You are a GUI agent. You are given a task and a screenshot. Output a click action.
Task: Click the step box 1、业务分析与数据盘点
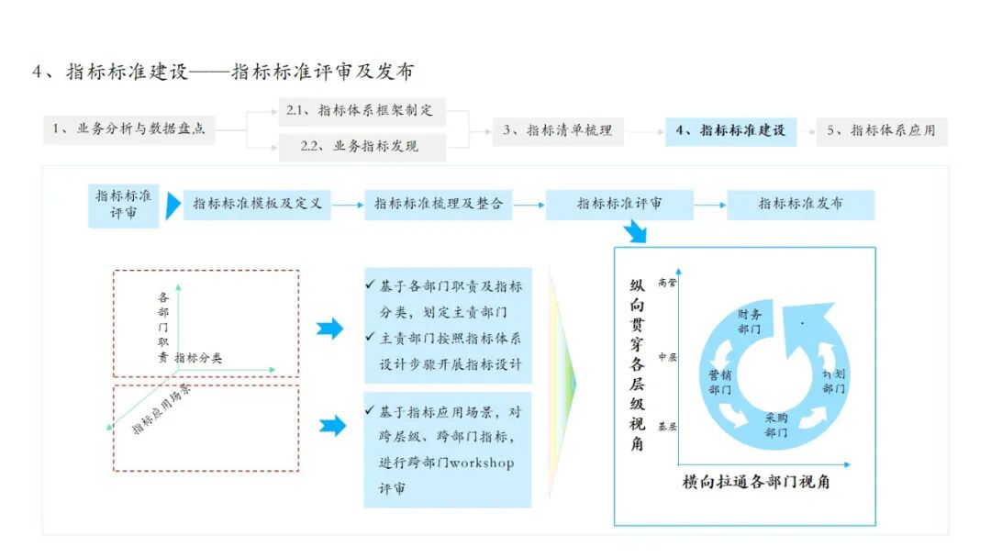128,129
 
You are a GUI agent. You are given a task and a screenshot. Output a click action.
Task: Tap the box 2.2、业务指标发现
362,146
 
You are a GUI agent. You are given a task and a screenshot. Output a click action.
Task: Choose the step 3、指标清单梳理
557,130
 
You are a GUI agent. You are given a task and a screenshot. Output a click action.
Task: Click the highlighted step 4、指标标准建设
731,130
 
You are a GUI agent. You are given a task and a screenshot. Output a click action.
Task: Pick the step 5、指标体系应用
881,130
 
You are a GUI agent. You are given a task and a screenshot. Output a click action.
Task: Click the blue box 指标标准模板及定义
257,204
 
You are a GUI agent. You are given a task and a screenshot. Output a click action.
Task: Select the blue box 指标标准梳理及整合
439,204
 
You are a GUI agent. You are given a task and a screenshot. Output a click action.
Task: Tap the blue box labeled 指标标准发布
800,204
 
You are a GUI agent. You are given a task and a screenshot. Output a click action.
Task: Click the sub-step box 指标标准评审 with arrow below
619,204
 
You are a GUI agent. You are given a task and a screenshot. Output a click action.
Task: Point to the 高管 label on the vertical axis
667,283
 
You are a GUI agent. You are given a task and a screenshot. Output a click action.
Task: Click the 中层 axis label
667,356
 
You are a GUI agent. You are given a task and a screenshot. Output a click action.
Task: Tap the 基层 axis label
667,427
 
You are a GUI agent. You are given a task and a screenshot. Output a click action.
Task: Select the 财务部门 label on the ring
749,321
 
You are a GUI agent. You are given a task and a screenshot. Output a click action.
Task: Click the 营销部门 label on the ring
719,382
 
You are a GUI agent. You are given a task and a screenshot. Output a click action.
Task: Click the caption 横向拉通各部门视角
756,481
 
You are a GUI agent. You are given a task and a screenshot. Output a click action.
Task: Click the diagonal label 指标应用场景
161,408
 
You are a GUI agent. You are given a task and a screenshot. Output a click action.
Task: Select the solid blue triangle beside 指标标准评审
173,206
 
